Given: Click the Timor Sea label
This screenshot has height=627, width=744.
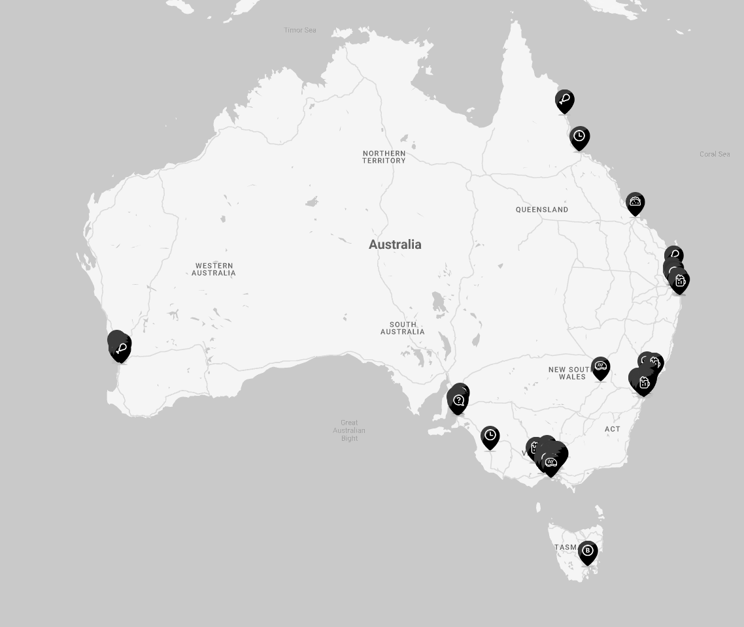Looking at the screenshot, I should (299, 30).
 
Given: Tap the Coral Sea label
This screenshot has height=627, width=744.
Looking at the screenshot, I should (714, 154).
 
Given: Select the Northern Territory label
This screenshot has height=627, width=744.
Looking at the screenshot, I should (384, 157).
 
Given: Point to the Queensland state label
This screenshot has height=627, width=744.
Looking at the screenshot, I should (542, 210).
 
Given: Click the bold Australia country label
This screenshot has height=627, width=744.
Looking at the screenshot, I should (395, 244).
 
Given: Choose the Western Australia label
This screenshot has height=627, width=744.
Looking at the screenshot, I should (214, 269).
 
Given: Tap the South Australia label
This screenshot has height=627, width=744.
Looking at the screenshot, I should (403, 328).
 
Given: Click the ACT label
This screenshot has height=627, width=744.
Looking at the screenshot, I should (613, 429).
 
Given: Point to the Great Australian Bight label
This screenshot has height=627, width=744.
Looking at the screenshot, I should (349, 430).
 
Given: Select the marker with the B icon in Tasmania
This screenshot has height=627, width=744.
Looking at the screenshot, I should (588, 552).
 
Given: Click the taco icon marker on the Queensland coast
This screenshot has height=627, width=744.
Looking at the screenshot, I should (635, 203).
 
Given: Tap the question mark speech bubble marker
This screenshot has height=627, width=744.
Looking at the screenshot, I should (458, 401).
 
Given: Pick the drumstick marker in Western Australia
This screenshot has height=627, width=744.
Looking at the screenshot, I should (121, 349).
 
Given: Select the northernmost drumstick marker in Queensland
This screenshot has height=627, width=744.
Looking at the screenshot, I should (565, 101).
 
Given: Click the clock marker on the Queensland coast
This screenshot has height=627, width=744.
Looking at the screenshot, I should (579, 137).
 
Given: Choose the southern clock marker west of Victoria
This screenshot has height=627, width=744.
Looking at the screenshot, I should (490, 437).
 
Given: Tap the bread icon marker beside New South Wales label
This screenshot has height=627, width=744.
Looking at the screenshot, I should (601, 368).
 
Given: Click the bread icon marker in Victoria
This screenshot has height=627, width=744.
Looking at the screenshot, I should (551, 463).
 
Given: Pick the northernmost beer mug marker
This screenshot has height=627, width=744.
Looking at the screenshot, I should (680, 281).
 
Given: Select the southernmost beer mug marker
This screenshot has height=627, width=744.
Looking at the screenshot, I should (535, 448).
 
